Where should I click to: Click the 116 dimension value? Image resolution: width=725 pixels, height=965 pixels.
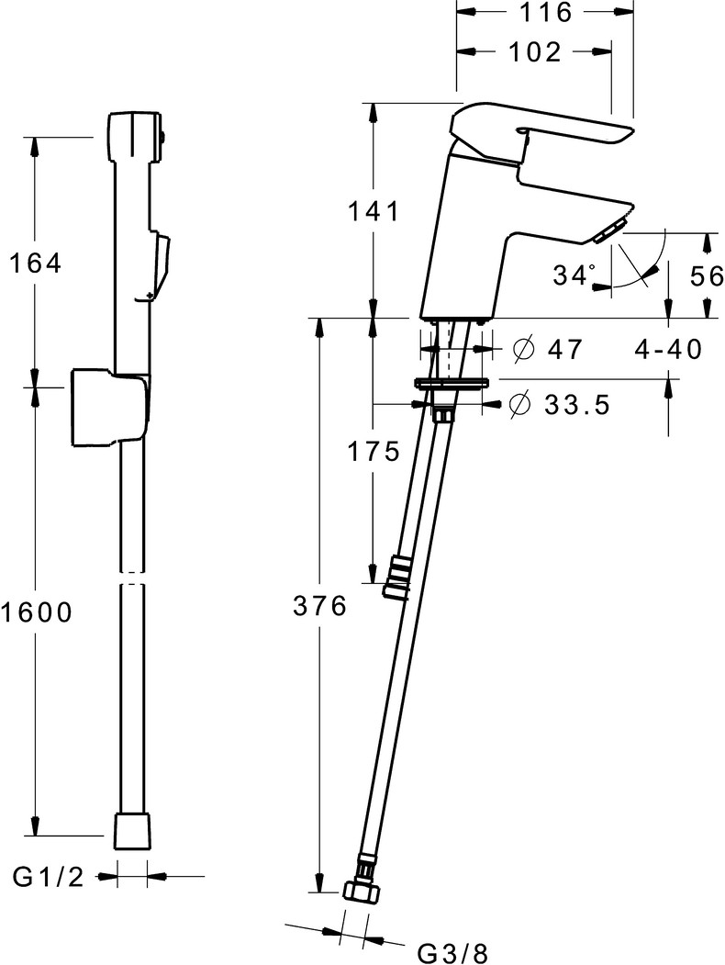click(545, 12)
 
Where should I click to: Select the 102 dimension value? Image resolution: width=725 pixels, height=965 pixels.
click(535, 52)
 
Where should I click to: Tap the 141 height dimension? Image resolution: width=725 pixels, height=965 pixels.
click(374, 212)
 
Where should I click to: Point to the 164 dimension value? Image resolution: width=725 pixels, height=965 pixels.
click(36, 264)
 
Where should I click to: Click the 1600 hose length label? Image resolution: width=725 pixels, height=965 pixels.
click(37, 612)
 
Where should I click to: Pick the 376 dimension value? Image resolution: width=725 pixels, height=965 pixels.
click(319, 606)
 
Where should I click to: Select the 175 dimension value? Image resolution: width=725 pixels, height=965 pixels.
click(374, 453)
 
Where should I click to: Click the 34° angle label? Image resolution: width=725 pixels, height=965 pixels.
click(574, 275)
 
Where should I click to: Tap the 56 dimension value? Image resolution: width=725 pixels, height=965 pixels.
click(708, 276)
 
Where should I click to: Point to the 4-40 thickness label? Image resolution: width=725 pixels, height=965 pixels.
click(668, 350)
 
